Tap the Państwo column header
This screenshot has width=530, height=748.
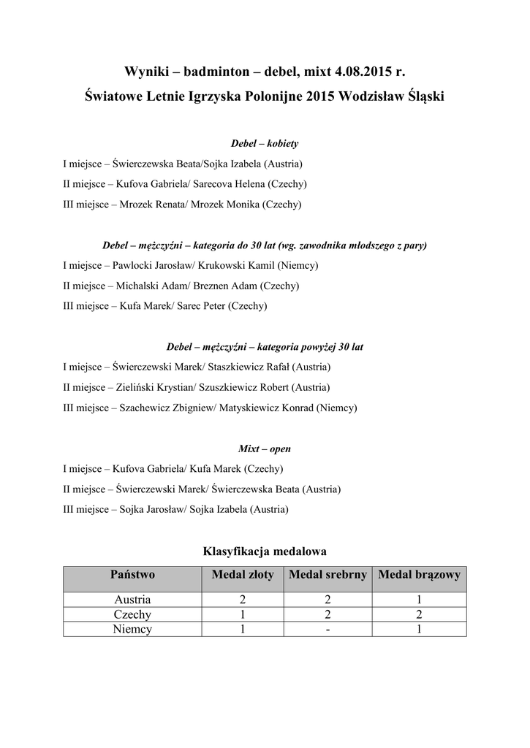point(132,575)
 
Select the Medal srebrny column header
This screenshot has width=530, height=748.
point(328,575)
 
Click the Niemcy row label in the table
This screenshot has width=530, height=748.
point(132,629)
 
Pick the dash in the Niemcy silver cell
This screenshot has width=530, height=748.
point(328,629)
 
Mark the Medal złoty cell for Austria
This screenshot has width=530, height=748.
point(242,600)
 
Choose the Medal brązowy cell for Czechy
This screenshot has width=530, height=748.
point(419,614)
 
